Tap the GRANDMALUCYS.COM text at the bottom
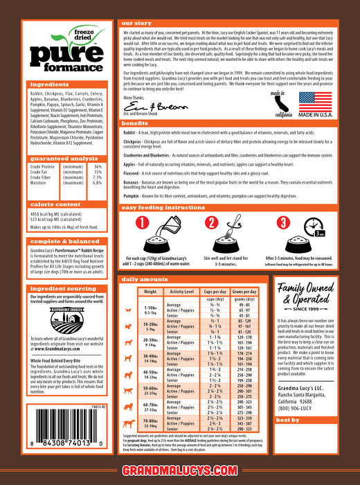point(179,472)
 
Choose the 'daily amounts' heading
point(143,279)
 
